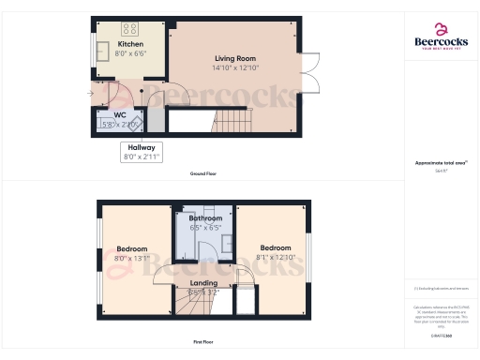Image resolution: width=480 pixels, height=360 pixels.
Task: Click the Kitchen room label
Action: (130, 45)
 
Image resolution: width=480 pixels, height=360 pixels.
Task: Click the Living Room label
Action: (233, 59)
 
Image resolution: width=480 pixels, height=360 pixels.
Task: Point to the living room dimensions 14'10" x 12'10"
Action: (233, 67)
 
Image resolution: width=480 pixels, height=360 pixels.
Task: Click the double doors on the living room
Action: (313, 75)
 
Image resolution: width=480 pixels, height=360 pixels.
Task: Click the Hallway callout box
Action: (142, 152)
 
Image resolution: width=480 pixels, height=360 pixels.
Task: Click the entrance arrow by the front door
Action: (85, 93)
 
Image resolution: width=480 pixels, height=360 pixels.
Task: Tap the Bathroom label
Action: (205, 218)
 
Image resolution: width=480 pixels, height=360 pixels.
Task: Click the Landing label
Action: (203, 282)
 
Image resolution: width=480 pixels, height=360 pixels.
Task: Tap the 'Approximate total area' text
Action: (441, 162)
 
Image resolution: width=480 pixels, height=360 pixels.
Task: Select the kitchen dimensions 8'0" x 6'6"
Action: (130, 53)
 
